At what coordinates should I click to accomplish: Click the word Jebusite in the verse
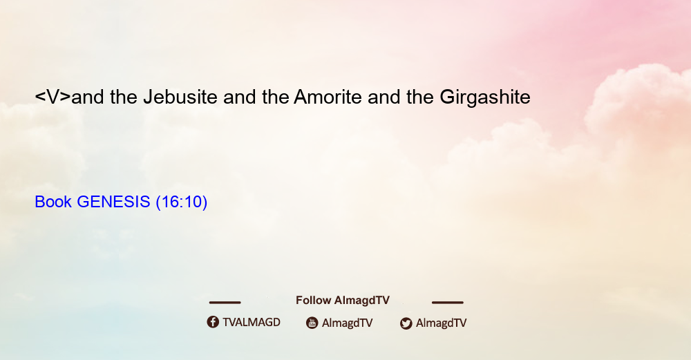(180, 97)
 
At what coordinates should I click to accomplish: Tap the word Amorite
(328, 97)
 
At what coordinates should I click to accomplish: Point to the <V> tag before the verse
(53, 97)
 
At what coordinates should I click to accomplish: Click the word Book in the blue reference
(53, 202)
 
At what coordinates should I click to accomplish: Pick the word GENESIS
(114, 202)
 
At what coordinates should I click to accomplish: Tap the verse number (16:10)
(182, 202)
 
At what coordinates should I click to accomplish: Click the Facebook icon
(213, 322)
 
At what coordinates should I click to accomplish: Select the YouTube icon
(312, 323)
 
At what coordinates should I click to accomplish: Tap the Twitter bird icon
(406, 323)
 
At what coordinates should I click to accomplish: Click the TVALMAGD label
(252, 323)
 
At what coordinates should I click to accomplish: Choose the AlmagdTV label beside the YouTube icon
(348, 323)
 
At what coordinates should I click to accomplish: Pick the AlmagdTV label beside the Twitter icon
(441, 323)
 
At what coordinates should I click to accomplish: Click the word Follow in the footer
(313, 301)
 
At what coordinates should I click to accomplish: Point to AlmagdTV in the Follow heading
(362, 301)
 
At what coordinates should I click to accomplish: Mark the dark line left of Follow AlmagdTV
(225, 303)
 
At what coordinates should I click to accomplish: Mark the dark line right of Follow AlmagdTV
(448, 303)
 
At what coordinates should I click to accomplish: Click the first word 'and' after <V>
(88, 97)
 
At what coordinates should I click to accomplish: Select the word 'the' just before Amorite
(276, 97)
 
